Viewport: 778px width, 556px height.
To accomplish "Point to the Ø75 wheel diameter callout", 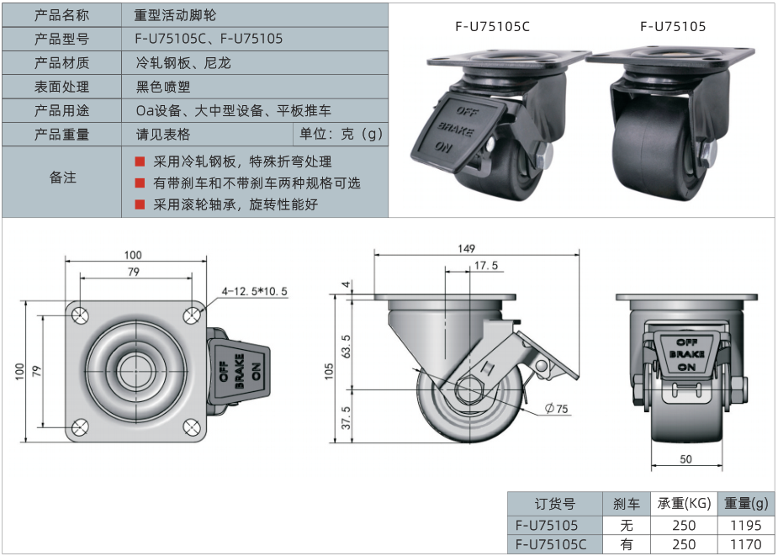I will click(557, 409).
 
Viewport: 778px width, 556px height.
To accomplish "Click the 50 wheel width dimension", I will click(685, 458).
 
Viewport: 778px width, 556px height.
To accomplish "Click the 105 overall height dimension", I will click(330, 370).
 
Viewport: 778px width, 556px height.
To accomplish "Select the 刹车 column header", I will click(625, 504).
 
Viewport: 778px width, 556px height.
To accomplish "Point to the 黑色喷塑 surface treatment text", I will click(162, 87).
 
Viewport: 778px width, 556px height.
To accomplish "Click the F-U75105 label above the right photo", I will click(673, 26).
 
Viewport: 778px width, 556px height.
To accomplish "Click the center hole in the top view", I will click(135, 369).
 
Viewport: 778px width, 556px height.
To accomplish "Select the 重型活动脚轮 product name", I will click(180, 15).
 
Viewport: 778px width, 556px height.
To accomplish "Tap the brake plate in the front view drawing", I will click(685, 354).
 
